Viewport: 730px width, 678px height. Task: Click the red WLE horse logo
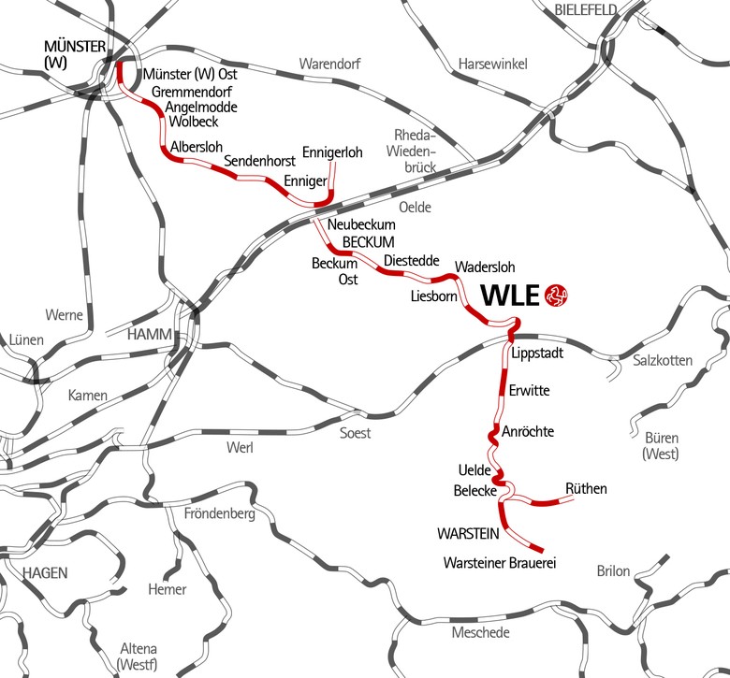[x=556, y=296]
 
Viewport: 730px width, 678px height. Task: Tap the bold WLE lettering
[x=511, y=296]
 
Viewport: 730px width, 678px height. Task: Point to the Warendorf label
[x=328, y=64]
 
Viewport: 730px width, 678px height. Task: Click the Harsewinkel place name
[x=493, y=64]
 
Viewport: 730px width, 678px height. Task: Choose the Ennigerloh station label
[x=332, y=152]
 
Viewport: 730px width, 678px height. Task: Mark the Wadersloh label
[x=485, y=267]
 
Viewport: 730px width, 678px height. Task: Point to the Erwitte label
[x=529, y=390]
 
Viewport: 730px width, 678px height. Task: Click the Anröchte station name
[x=528, y=432]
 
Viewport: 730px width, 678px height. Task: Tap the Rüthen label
[x=587, y=488]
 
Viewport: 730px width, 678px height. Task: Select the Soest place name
[x=355, y=433]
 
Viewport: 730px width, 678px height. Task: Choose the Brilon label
[x=613, y=571]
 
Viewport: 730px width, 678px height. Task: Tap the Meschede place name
[x=481, y=633]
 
